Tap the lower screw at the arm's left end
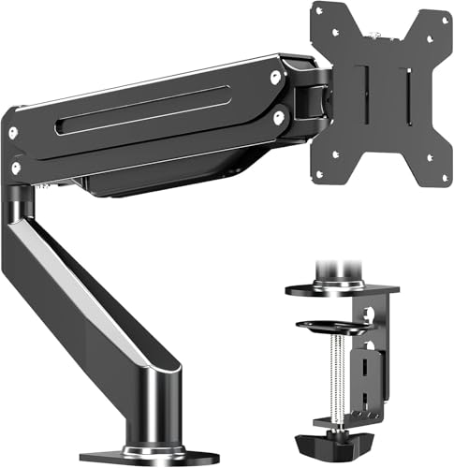pos(15,168)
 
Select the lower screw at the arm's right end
pos(277,117)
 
